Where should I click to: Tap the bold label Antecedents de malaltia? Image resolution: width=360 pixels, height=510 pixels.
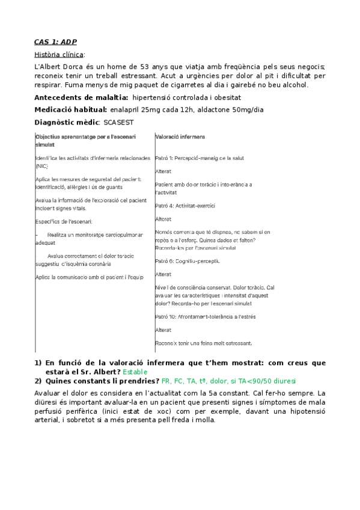[x=81, y=97]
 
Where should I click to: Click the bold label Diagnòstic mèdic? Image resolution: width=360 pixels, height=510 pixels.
[x=66, y=122]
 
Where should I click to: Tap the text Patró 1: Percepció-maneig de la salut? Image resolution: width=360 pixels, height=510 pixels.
[x=198, y=158]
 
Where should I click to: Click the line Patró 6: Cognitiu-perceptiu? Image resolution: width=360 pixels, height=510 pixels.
[x=188, y=261]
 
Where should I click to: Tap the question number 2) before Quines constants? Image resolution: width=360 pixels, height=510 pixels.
[x=38, y=381]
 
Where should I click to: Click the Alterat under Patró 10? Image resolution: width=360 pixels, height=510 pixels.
[x=163, y=330]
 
